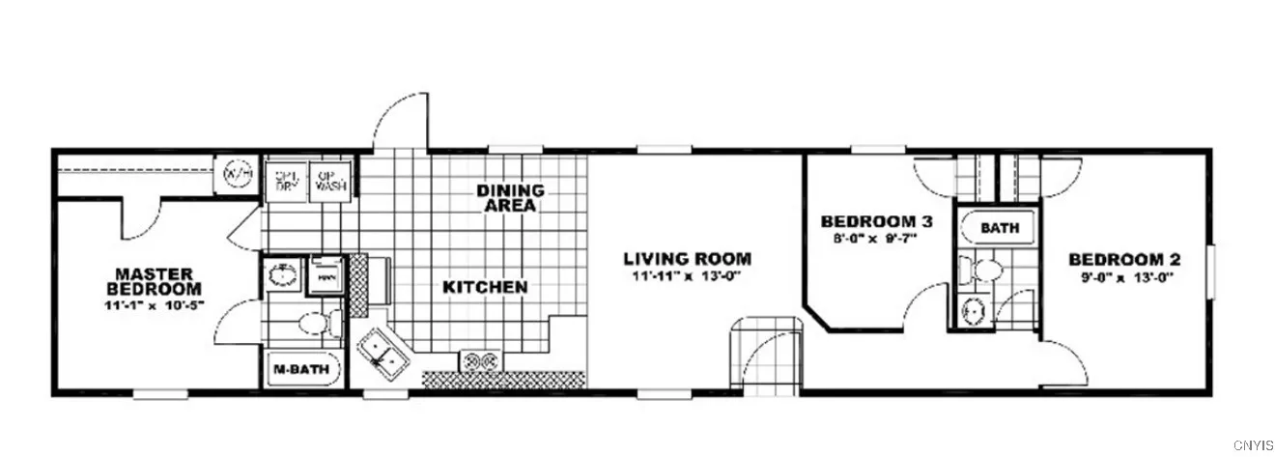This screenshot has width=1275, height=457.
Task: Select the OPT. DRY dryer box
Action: [x=285, y=180]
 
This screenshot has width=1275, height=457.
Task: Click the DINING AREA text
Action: [x=510, y=198]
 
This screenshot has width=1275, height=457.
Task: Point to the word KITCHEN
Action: [x=485, y=287]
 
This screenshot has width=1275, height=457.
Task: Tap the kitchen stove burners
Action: [x=480, y=361]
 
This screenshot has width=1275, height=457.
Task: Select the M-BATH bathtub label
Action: [x=297, y=368]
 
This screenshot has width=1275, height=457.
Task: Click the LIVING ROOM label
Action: [x=687, y=259]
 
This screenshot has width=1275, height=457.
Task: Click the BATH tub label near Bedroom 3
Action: [x=999, y=229]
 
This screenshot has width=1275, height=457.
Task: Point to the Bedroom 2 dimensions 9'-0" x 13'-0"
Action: [x=1123, y=279]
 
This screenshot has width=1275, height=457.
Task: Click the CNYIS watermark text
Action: [x=1252, y=445]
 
